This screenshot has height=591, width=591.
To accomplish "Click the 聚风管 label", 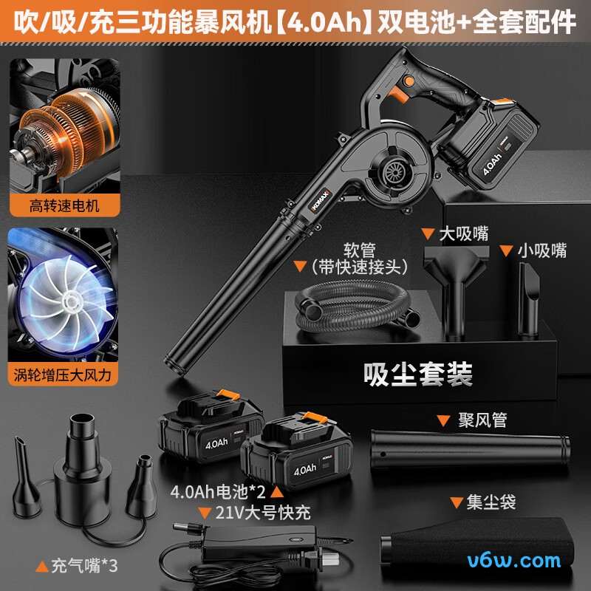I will (x=482, y=420).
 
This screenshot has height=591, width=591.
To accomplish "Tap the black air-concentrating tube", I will (x=470, y=450).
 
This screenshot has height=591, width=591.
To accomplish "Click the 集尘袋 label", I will (x=491, y=503).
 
